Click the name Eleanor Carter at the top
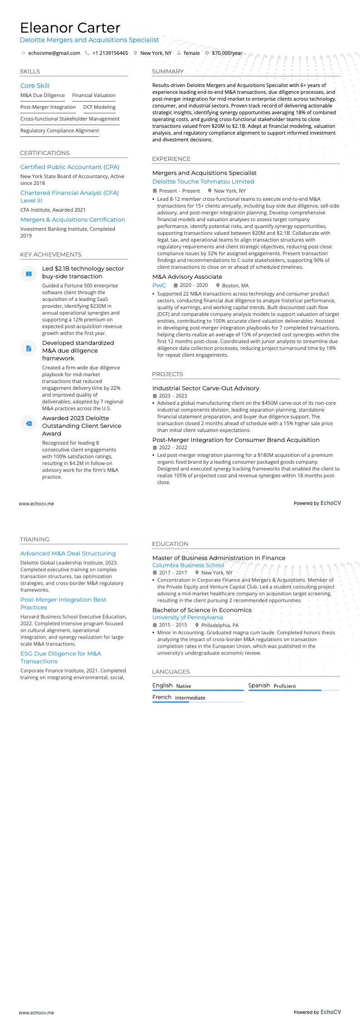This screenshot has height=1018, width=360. [x=70, y=28]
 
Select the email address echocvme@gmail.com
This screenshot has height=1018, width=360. [x=54, y=53]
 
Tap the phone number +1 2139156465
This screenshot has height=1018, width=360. [x=110, y=53]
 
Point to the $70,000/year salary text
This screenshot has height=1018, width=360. [x=227, y=53]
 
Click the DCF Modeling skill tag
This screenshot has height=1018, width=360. [x=99, y=107]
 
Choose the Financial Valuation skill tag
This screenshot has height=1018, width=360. [x=94, y=96]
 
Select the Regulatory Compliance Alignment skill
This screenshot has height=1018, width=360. [x=59, y=131]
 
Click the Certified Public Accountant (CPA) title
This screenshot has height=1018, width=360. [x=70, y=167]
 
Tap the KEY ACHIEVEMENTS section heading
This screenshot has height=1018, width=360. [x=51, y=255]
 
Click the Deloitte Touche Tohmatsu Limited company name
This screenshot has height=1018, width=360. [x=203, y=182]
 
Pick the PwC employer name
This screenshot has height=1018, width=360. [x=159, y=286]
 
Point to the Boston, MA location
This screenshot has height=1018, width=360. [x=235, y=286]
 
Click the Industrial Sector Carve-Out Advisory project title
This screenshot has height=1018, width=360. [x=206, y=388]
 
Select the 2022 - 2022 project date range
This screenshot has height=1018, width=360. [x=173, y=447]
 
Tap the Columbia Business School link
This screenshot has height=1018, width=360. [x=188, y=565]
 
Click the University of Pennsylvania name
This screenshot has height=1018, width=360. [x=188, y=617]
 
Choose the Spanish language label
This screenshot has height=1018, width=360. [x=259, y=685]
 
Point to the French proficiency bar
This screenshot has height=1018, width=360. [x=198, y=702]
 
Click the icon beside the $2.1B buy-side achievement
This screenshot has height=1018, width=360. [x=29, y=274]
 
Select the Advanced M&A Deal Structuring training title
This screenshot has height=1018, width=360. [x=68, y=553]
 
